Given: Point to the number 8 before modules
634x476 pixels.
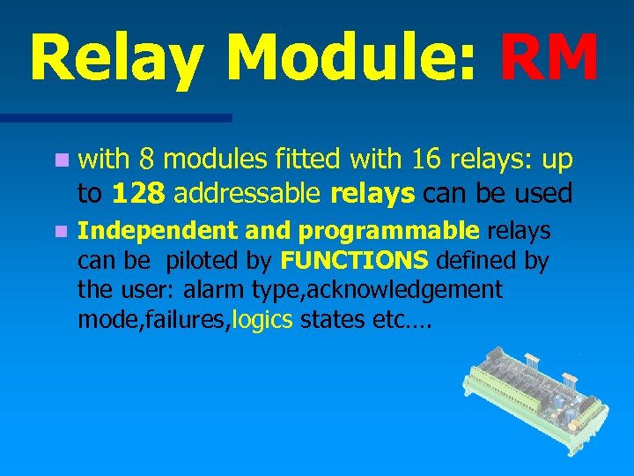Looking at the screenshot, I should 147,160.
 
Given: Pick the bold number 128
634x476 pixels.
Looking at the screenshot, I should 136,191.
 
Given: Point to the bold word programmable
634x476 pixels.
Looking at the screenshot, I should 388,232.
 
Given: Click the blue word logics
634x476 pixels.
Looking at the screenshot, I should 262,319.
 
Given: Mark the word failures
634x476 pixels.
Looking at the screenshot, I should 189,319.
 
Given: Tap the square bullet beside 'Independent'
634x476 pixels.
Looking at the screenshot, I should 60,233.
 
